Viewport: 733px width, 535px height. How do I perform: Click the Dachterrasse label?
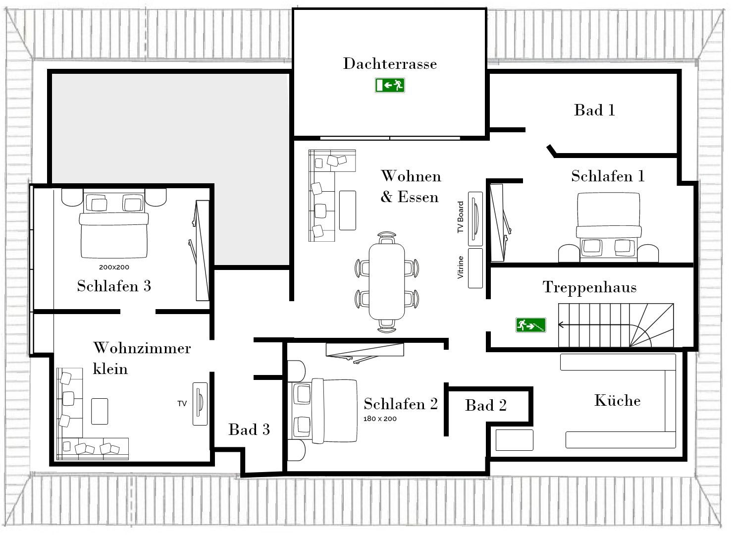click(390, 63)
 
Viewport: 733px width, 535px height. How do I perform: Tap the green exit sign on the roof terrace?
click(390, 85)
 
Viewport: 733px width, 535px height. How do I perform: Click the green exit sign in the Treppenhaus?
click(531, 325)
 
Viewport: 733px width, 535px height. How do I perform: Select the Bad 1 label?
click(595, 110)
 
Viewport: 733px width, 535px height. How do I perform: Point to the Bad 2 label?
click(486, 405)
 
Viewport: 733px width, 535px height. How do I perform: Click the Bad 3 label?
click(249, 429)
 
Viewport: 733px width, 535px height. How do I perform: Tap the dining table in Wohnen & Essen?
click(387, 281)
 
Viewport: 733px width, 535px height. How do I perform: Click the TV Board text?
click(461, 217)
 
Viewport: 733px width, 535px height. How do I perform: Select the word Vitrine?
click(461, 267)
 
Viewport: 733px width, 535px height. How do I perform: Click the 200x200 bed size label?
click(114, 267)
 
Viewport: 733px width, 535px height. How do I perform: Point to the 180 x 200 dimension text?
click(380, 419)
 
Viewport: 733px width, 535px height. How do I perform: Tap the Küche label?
click(617, 401)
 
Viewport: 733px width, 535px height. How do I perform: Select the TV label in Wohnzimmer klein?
click(182, 403)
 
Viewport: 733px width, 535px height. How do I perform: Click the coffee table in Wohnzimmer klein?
click(100, 411)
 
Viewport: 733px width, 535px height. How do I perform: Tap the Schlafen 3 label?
click(114, 286)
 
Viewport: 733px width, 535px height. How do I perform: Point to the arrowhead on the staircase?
click(561, 325)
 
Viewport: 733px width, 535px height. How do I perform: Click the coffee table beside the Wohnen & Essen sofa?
click(348, 211)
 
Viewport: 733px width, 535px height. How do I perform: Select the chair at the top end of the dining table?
click(387, 238)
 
